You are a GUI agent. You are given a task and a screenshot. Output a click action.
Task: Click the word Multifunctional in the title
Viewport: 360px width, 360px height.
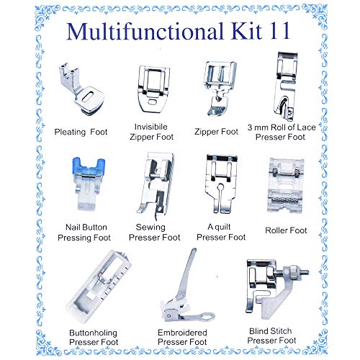pyautogui.click(x=145, y=31)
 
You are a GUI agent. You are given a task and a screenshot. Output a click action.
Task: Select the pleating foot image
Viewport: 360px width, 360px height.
pyautogui.click(x=81, y=89)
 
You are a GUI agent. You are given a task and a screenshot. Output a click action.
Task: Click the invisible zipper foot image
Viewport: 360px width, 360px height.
pyautogui.click(x=154, y=89)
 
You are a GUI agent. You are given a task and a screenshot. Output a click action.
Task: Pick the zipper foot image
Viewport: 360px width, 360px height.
pyautogui.click(x=220, y=89)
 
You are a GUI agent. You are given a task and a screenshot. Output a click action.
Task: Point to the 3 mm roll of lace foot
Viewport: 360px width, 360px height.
pyautogui.click(x=286, y=86)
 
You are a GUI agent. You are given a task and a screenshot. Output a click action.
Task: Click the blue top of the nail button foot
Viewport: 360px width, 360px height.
pyautogui.click(x=89, y=166)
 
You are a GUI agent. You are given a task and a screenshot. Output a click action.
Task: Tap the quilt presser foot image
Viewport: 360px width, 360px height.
pyautogui.click(x=221, y=184)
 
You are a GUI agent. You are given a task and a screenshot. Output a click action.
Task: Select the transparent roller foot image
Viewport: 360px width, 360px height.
pyautogui.click(x=286, y=185)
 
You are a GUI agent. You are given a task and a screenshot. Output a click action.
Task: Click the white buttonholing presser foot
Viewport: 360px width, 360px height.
pyautogui.click(x=99, y=286)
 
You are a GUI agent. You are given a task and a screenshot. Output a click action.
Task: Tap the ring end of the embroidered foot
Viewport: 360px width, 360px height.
pyautogui.click(x=207, y=317)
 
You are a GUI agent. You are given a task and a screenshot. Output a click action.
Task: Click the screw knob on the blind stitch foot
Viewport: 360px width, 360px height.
pyautogui.click(x=294, y=272)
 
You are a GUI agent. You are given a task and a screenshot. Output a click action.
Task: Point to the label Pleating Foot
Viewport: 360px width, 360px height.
pyautogui.click(x=81, y=132)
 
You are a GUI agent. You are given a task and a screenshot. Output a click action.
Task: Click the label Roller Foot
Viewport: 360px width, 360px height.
pyautogui.click(x=286, y=230)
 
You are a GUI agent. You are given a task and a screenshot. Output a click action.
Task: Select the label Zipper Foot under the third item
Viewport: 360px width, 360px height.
pyautogui.click(x=216, y=132)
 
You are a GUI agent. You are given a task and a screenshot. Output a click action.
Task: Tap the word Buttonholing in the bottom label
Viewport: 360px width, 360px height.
pyautogui.click(x=93, y=333)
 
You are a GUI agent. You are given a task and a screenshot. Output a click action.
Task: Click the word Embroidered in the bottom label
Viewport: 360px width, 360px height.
pyautogui.click(x=182, y=333)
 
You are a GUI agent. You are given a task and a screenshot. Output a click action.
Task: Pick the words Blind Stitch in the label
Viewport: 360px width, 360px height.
pyautogui.click(x=271, y=331)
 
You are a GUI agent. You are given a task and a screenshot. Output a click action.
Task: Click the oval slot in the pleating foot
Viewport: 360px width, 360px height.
pyautogui.click(x=88, y=95)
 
